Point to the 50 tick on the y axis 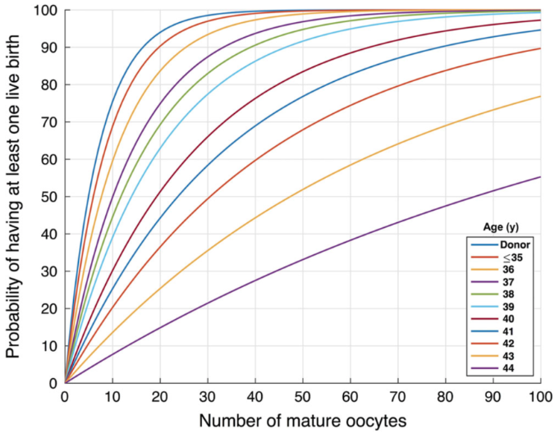pyautogui.click(x=51, y=197)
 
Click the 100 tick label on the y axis pyautogui.click(x=46, y=11)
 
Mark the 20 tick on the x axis pyautogui.click(x=160, y=396)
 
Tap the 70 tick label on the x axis pyautogui.click(x=398, y=396)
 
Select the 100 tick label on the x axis pyautogui.click(x=539, y=396)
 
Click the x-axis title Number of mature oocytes pyautogui.click(x=302, y=419)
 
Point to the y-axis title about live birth pyautogui.click(x=14, y=197)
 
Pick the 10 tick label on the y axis pyautogui.click(x=51, y=345)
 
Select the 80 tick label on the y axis pyautogui.click(x=51, y=85)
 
